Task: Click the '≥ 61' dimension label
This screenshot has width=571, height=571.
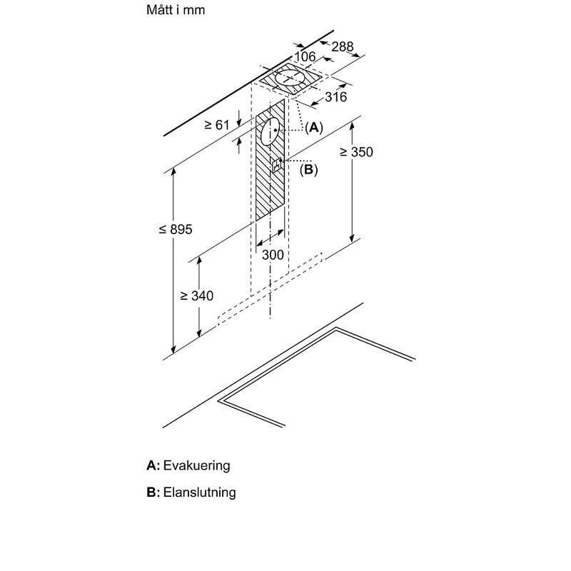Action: (216, 125)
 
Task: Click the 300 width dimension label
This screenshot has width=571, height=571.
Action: (273, 255)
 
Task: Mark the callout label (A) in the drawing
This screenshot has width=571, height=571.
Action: (313, 128)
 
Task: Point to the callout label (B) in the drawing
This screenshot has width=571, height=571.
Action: (308, 170)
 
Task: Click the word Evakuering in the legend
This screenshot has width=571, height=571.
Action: (197, 465)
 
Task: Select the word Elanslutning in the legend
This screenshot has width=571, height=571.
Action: (199, 492)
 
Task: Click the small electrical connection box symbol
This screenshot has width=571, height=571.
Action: (277, 165)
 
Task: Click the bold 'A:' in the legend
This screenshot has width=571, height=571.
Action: (153, 465)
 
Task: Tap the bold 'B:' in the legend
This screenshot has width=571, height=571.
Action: (153, 492)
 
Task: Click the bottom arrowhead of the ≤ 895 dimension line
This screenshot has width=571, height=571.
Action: (173, 353)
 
